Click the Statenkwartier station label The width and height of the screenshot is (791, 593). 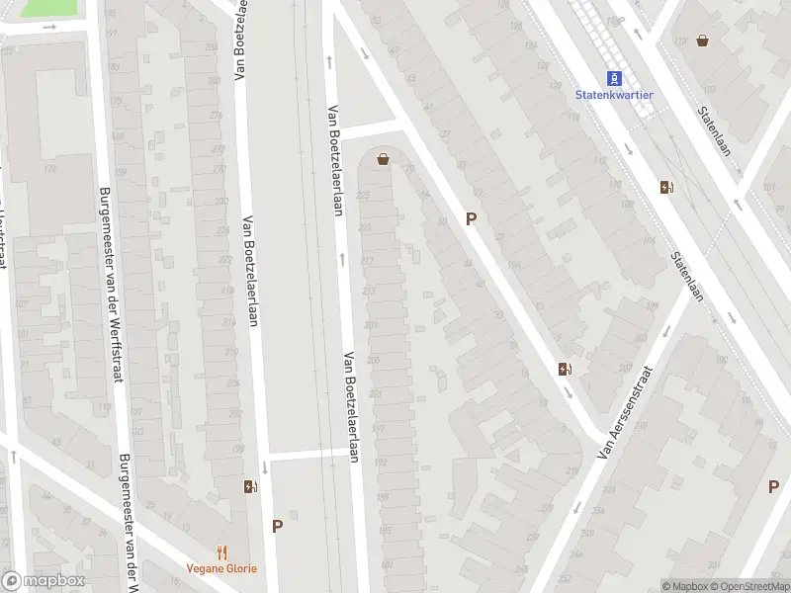click(615, 95)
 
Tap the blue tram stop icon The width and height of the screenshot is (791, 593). click(615, 78)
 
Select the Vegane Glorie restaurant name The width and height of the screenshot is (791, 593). click(221, 568)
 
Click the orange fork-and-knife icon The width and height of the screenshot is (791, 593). click(221, 552)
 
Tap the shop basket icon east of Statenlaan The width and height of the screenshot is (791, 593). click(703, 41)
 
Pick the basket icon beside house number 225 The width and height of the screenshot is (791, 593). click(383, 158)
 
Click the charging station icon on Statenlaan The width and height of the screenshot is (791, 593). click(667, 187)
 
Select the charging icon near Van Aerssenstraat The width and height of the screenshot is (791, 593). click(565, 370)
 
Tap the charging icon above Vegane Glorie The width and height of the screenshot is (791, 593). click(249, 486)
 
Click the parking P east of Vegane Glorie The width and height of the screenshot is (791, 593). click(277, 527)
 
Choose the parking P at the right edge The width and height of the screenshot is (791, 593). click(773, 486)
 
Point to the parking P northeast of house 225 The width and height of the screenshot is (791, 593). click(472, 218)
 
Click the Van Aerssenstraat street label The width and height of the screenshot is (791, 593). click(627, 413)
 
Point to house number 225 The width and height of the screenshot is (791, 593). click(363, 195)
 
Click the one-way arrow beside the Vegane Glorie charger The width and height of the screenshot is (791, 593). click(265, 467)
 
